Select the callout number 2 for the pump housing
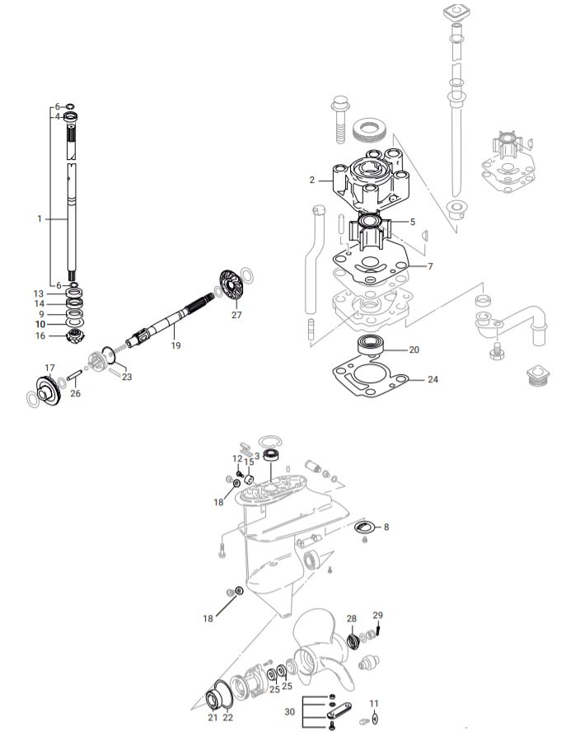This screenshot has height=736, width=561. [313, 179]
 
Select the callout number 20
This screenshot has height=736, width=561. [414, 349]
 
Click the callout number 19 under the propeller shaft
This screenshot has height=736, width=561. [175, 346]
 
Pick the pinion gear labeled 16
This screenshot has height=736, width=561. [74, 335]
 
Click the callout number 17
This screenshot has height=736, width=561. [49, 368]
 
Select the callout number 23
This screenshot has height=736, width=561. [126, 377]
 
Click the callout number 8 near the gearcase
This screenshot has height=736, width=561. [386, 525]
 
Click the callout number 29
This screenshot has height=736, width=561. [378, 616]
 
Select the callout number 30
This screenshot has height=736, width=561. [289, 711]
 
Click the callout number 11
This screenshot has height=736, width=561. [374, 703]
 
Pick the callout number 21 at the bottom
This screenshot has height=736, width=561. [213, 718]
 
